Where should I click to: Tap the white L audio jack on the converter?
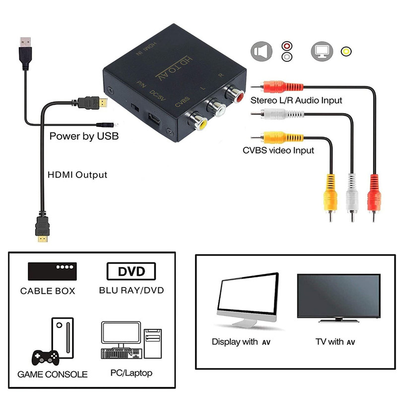(x=216, y=107)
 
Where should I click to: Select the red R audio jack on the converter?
(x=233, y=93)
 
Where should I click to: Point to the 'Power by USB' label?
(x=84, y=136)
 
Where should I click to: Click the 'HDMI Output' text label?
(x=77, y=175)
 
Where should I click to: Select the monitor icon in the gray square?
(x=321, y=51)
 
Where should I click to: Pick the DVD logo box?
(x=131, y=271)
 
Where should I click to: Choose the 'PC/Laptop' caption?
(x=132, y=373)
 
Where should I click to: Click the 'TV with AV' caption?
(x=335, y=342)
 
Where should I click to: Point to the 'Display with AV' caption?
(x=241, y=342)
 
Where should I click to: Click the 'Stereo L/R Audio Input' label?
(x=296, y=100)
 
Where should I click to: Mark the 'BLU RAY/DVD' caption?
(x=131, y=290)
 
